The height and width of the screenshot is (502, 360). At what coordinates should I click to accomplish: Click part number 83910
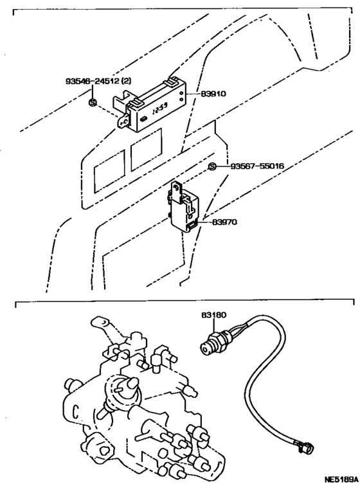pos(213,94)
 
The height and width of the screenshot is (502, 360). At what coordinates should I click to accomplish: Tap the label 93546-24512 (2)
pos(98,82)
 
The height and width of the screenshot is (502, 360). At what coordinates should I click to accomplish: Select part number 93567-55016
pos(257,166)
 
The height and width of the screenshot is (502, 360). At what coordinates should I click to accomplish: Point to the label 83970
pos(224,222)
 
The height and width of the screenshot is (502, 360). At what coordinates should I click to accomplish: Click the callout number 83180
pos(213,315)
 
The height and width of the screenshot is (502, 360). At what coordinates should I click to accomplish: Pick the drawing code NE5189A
pos(341,480)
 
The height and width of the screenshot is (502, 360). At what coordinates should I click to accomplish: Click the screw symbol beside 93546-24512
pos(93,102)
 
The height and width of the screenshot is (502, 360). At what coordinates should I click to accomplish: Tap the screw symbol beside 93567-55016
pos(212,166)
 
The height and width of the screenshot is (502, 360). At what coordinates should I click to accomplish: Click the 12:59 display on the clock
pos(160,111)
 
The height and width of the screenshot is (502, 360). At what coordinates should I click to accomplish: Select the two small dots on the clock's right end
pos(182,96)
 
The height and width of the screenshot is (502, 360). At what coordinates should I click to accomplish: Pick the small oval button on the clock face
pos(143,119)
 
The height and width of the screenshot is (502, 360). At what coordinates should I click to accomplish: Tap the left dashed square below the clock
pos(109,171)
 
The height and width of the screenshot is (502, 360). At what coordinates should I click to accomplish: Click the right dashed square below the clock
pos(147,150)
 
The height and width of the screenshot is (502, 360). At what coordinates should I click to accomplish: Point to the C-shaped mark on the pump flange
pos(76,411)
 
